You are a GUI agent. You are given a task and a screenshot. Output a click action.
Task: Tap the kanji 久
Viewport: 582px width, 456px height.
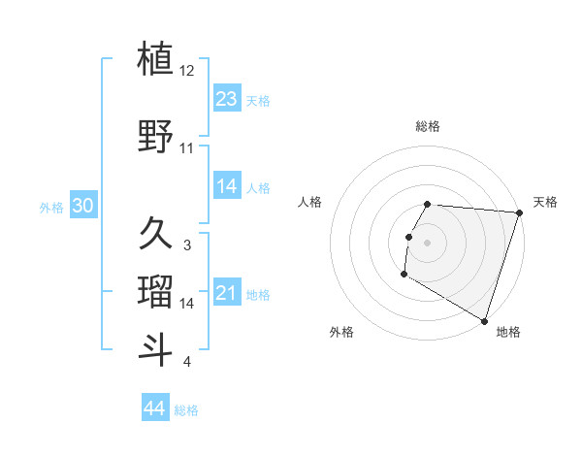click(156, 233)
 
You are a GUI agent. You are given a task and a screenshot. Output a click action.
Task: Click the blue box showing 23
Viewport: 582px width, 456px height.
click(227, 98)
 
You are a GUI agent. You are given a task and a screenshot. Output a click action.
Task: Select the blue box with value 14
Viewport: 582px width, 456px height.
click(227, 186)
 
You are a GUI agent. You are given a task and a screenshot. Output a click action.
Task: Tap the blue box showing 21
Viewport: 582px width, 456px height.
click(227, 293)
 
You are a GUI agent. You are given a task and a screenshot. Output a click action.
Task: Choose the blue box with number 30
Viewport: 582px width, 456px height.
click(82, 206)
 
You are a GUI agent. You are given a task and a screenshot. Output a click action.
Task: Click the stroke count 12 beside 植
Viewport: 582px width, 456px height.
click(188, 71)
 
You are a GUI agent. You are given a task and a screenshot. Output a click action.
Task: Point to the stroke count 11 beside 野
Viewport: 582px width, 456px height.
click(187, 148)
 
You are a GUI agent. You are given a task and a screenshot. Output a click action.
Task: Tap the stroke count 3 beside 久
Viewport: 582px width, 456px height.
click(187, 245)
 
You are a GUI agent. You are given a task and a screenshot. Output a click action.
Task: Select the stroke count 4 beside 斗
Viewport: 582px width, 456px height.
click(187, 362)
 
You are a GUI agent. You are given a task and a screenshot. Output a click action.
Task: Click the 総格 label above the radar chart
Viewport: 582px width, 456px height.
click(428, 126)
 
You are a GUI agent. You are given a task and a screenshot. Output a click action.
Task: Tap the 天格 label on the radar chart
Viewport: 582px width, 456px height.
click(545, 202)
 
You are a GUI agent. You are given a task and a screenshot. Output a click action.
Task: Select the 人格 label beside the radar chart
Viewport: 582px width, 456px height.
click(310, 202)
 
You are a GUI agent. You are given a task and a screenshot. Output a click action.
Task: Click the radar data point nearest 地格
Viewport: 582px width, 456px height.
click(484, 320)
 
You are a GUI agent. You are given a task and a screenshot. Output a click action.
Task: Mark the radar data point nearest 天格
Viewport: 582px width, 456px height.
click(520, 212)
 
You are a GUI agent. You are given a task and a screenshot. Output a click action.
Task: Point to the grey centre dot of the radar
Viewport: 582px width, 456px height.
click(428, 243)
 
